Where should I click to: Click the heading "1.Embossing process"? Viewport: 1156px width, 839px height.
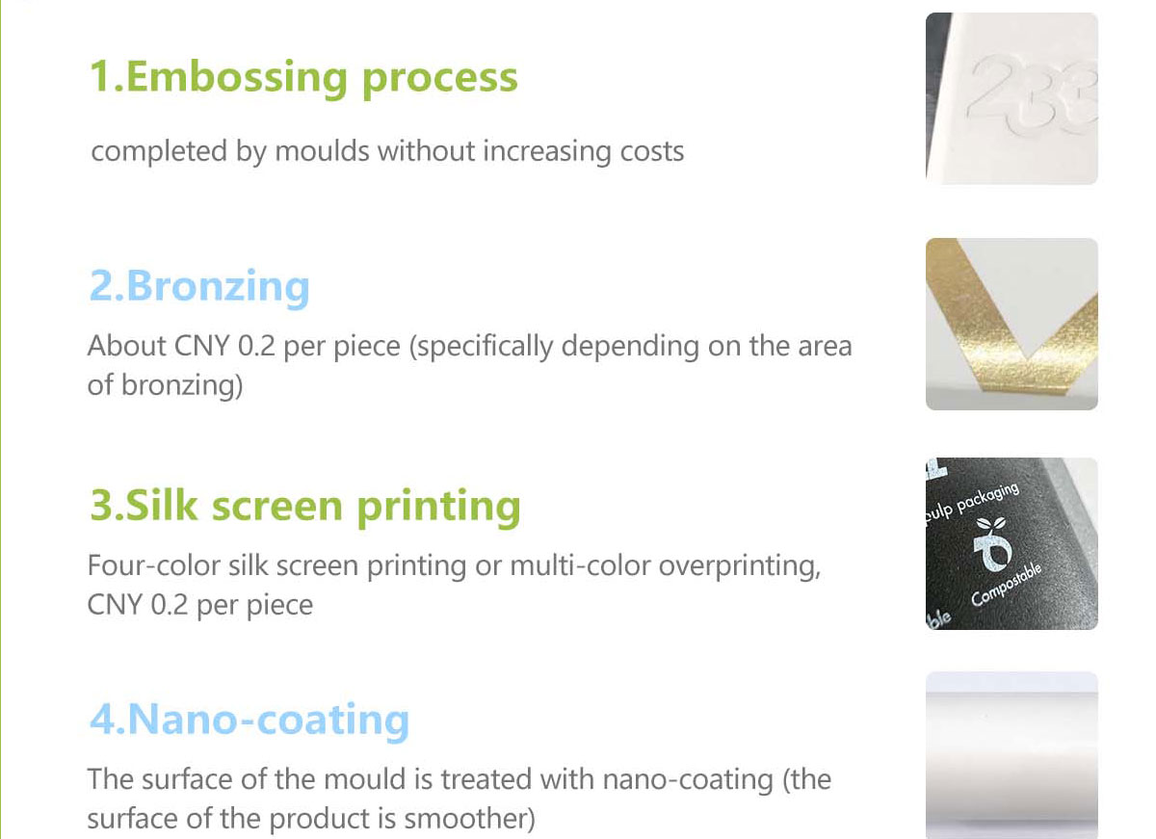click(303, 78)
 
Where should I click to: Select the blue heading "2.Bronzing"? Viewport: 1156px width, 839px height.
click(199, 287)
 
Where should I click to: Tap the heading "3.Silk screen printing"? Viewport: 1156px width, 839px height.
click(305, 508)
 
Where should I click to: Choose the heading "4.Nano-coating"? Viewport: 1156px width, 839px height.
click(250, 721)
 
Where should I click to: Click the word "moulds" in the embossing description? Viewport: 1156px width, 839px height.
click(322, 151)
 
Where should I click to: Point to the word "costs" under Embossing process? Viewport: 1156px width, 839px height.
click(652, 152)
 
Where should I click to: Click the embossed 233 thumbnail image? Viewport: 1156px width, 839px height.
click(1011, 98)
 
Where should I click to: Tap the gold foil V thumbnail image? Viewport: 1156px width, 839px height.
click(1011, 324)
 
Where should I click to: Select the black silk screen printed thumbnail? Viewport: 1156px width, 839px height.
click(1011, 544)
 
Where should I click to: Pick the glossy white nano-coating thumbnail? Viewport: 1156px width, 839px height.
click(1011, 755)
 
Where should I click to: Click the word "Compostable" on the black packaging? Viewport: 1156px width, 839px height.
click(1007, 585)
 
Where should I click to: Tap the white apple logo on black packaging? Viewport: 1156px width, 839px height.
click(992, 544)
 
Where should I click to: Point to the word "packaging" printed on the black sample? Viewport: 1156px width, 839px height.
click(988, 497)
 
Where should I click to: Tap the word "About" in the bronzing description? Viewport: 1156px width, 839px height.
click(127, 346)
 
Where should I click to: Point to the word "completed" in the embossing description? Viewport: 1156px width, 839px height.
click(159, 152)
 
